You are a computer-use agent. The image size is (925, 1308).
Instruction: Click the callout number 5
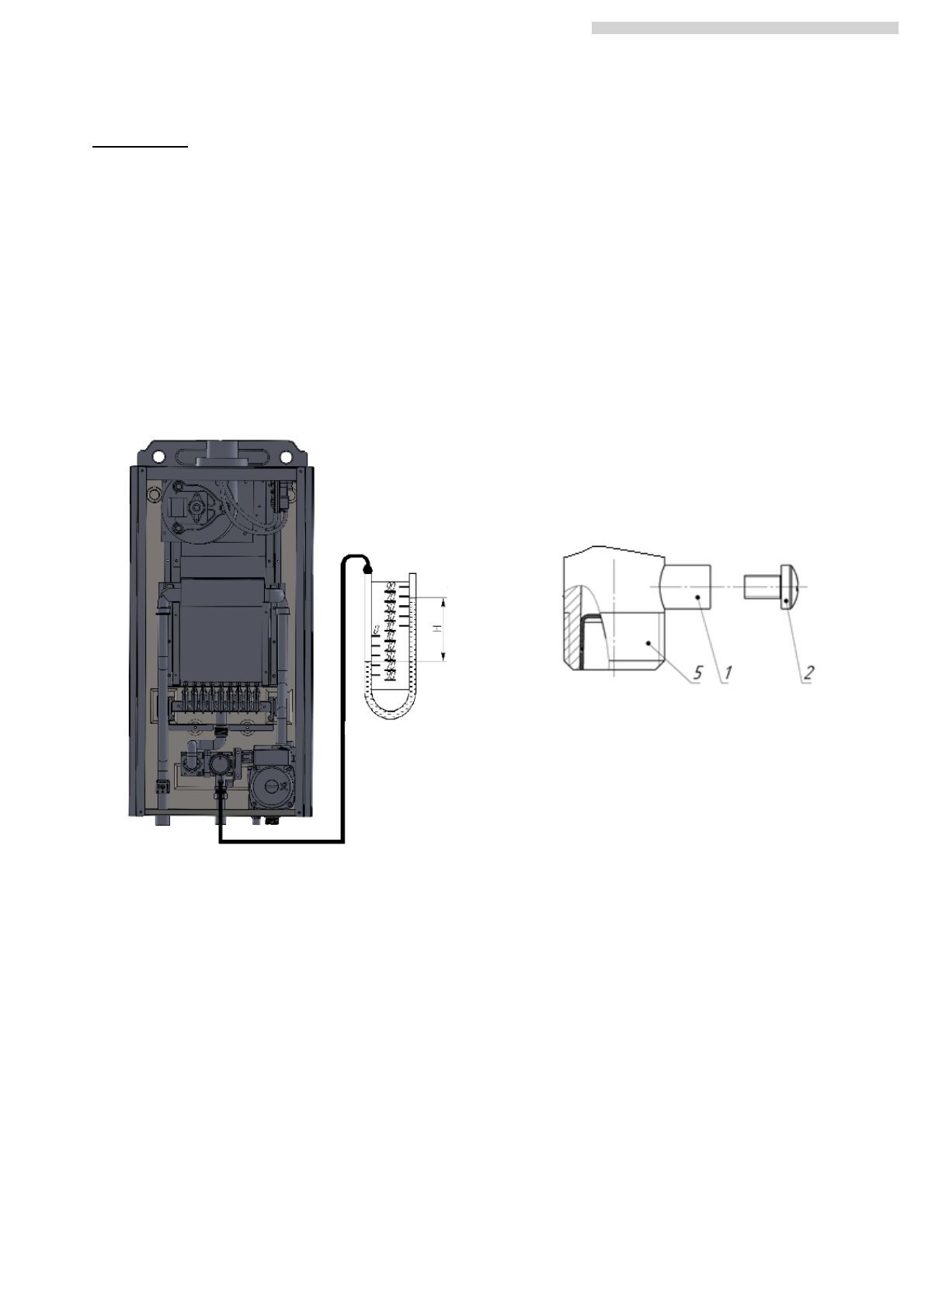click(x=698, y=673)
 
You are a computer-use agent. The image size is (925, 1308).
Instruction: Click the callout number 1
click(x=727, y=673)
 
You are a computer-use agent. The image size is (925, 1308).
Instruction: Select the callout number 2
click(x=809, y=673)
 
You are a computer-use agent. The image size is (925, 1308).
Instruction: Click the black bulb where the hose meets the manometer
click(x=367, y=568)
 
